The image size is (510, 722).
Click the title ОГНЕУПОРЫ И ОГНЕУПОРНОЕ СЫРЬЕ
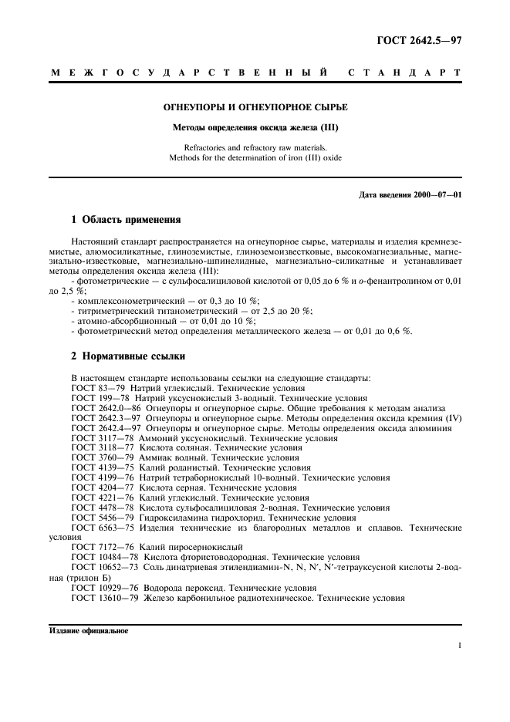255,107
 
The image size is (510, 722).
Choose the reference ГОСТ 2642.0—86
106,408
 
